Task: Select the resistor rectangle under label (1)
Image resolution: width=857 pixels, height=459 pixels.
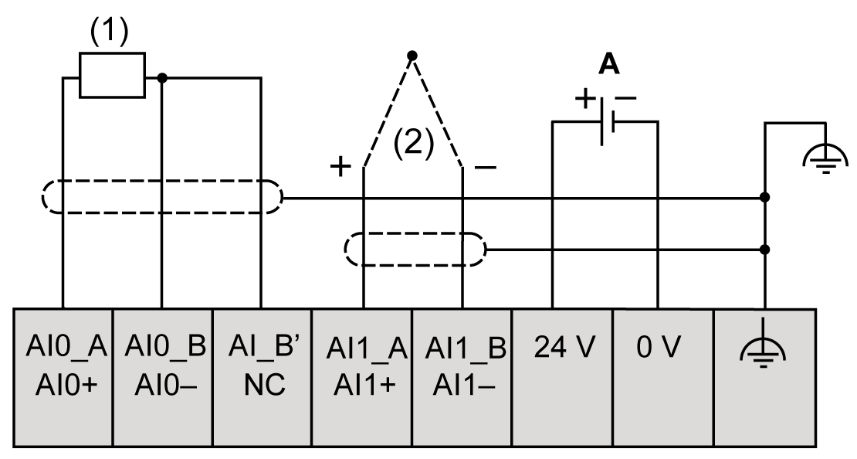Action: coord(113,76)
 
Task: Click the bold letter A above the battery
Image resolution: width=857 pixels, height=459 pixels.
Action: coord(609,66)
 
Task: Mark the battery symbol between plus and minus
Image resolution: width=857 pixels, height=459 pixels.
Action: coord(606,120)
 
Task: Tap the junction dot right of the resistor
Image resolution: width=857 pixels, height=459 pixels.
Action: coord(162,77)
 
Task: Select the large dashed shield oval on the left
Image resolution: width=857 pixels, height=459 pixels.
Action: coord(161,198)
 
